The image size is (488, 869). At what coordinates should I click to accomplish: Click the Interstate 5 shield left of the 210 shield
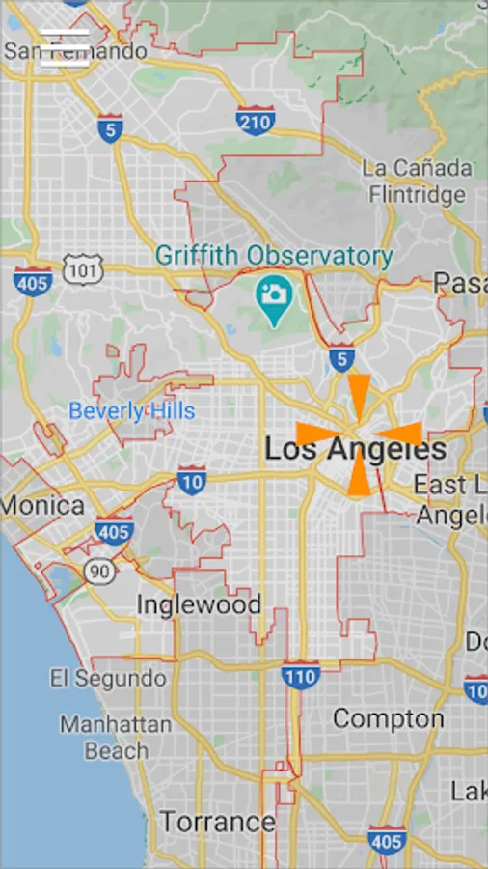(111, 128)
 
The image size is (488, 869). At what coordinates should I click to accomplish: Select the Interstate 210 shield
(255, 119)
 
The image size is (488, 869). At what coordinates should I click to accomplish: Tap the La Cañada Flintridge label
(418, 181)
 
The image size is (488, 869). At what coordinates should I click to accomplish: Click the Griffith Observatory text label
(274, 256)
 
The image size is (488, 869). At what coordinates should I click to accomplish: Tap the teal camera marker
(274, 291)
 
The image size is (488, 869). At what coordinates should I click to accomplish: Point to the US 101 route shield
(83, 270)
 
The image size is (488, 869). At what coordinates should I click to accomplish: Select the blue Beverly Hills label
(132, 411)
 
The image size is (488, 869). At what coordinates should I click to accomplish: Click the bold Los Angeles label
(355, 449)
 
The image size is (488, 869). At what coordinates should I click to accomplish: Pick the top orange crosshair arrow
(359, 393)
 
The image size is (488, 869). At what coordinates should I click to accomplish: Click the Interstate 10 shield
(191, 480)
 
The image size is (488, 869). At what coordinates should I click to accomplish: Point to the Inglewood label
(199, 605)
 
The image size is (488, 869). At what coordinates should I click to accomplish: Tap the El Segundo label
(108, 678)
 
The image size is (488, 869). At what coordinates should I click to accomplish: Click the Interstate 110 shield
(301, 676)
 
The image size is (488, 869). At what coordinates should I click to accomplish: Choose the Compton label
(389, 718)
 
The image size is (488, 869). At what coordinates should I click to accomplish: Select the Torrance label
(217, 822)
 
